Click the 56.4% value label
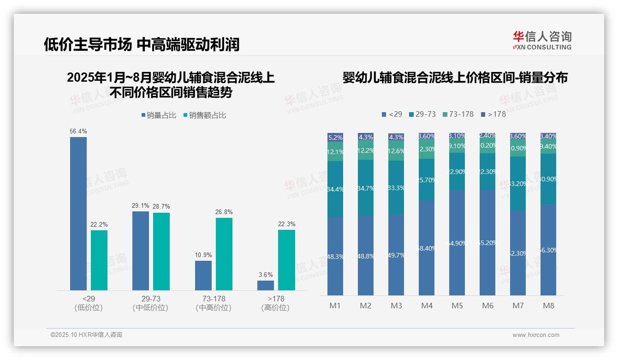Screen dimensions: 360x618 point(78,132)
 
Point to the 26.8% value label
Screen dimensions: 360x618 point(224,212)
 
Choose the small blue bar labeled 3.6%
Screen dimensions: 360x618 point(266,285)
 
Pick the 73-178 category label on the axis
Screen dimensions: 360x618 point(214,299)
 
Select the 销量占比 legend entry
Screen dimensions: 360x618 point(159,115)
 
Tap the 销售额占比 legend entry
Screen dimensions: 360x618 point(205,115)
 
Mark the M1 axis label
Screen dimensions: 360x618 point(335,306)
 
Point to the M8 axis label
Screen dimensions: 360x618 point(548,306)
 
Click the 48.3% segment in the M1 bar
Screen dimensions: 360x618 point(335,256)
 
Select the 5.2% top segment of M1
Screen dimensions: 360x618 point(335,138)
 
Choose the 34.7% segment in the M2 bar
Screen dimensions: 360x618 point(366,188)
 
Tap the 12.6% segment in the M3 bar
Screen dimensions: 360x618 point(396,151)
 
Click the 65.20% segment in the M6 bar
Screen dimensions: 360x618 point(487,243)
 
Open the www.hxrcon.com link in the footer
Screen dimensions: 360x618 point(536,335)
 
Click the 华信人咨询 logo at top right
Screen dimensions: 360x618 point(542,40)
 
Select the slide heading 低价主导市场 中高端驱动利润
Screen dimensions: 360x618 point(142,45)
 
